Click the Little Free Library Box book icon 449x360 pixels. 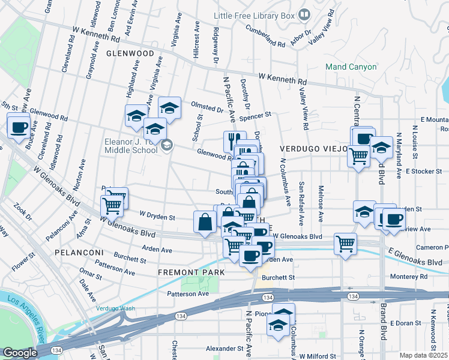[305, 14]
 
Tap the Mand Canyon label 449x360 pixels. [351, 67]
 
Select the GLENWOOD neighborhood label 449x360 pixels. [130, 53]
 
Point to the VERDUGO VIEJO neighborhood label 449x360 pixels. [312, 148]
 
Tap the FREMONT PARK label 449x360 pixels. [191, 272]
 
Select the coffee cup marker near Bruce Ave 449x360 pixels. [18, 127]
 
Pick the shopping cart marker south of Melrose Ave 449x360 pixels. [345, 243]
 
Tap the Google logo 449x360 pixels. [20, 353]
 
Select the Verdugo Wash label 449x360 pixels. [115, 308]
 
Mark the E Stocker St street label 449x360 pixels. [423, 171]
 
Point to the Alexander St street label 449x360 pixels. [223, 348]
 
